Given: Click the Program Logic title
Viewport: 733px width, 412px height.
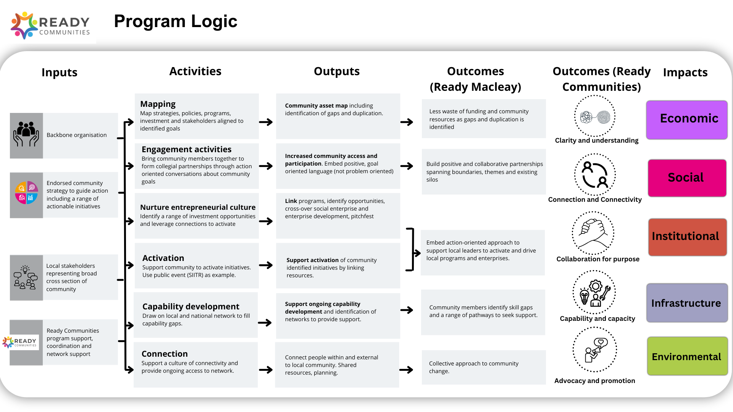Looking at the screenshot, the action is click(x=176, y=21).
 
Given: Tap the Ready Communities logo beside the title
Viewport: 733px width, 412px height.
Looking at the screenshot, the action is click(x=50, y=26).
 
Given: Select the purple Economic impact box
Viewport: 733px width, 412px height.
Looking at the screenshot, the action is click(x=687, y=120).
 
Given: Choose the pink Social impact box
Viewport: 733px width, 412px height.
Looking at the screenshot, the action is click(x=687, y=178).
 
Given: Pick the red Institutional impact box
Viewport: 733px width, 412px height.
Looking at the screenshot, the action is click(x=687, y=237).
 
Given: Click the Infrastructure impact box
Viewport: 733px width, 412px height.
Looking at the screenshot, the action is click(x=687, y=303).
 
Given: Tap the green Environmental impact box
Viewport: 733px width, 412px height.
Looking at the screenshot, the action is click(x=687, y=356).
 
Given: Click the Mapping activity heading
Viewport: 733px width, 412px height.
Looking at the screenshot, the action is click(x=158, y=104).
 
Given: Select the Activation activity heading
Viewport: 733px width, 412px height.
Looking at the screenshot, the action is click(x=163, y=258).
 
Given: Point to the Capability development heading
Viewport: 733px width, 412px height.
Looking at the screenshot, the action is click(x=191, y=307).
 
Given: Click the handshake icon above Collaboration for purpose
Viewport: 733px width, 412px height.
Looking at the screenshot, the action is click(x=593, y=233).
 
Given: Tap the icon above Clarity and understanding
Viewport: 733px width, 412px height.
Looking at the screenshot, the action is click(x=595, y=116).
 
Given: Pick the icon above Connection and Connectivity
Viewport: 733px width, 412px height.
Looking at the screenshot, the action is click(x=595, y=174).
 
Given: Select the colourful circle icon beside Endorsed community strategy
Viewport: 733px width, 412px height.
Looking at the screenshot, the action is click(x=26, y=193).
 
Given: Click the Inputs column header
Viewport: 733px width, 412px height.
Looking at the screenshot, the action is click(x=60, y=72).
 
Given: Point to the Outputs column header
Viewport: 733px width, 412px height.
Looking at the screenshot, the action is click(x=337, y=71).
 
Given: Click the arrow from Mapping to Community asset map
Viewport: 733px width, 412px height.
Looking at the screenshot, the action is click(x=266, y=122).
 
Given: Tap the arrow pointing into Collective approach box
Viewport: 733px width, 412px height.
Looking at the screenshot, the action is click(x=406, y=370).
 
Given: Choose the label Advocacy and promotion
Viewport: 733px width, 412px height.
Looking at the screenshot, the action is click(x=595, y=381).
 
